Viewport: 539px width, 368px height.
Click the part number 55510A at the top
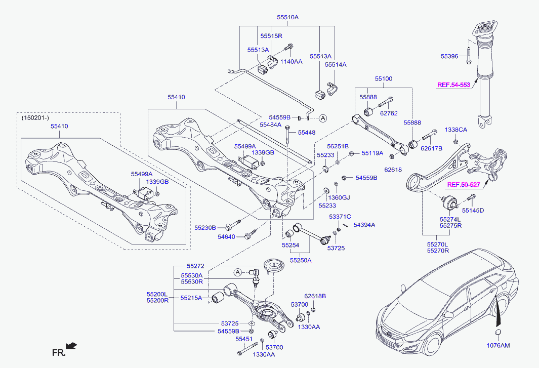point(287,17)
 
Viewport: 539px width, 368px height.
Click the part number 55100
point(383,79)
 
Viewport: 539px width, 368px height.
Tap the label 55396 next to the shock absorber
point(449,56)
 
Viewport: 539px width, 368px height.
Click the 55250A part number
point(301,260)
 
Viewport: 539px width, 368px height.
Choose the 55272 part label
point(195,266)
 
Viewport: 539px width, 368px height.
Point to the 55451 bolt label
point(243,339)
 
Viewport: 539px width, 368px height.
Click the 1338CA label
point(456,130)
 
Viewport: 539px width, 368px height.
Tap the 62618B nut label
point(315,296)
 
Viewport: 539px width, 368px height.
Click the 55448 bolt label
point(306,133)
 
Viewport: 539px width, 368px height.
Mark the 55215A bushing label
point(192,298)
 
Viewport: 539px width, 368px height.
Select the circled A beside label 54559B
point(323,118)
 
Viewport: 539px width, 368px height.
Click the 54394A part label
point(364,224)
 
